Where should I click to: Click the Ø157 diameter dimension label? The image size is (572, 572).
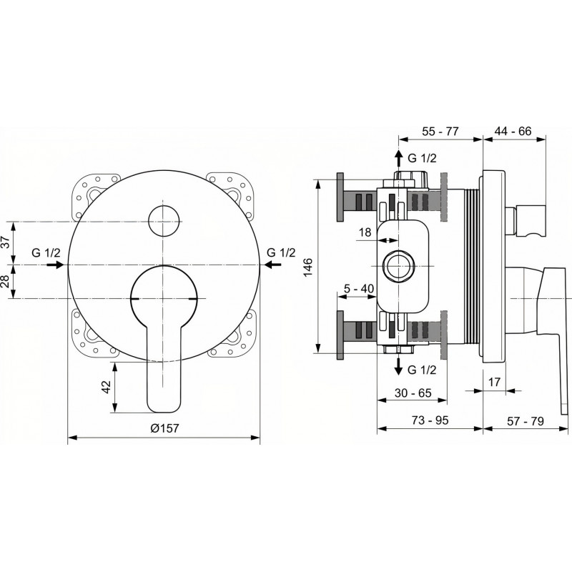pos(165,428)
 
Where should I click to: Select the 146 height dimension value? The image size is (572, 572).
pos(308,267)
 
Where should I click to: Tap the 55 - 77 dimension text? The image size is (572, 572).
pos(440,132)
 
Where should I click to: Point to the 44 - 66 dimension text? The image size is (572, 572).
pos(513,131)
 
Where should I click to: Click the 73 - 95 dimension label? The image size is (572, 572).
pos(430,420)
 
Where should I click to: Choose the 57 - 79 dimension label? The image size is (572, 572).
pos(526,421)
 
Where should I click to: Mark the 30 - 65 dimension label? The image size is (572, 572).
pos(413,393)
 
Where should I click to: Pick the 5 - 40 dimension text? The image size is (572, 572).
pos(359,289)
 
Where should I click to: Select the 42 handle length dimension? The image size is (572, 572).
pos(106,387)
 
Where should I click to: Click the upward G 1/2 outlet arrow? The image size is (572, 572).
pos(400,159)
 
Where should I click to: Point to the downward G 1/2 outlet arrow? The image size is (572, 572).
pos(400,366)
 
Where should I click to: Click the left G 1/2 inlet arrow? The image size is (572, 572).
pos(56,265)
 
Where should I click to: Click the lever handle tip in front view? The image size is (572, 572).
pos(164,410)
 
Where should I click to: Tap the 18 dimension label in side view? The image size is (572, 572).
pos(365,232)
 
